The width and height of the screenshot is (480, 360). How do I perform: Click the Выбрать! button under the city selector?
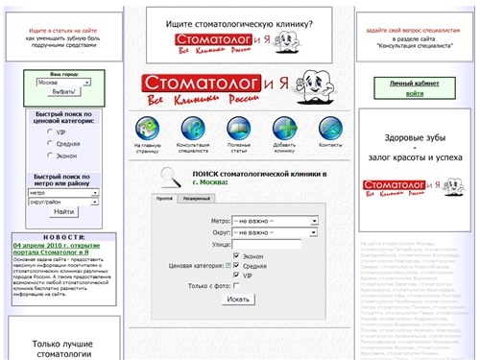click(64, 93)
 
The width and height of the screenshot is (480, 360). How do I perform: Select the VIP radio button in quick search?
click(50, 132)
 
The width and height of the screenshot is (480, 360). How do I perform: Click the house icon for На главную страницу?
click(148, 129)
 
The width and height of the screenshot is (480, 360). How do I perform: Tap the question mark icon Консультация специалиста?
click(193, 129)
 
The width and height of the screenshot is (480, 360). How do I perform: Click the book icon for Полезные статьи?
click(238, 129)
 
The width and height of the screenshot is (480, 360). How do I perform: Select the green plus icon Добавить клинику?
click(284, 129)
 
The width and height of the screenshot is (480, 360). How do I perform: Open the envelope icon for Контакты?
click(330, 129)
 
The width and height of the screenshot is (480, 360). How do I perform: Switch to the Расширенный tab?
click(197, 199)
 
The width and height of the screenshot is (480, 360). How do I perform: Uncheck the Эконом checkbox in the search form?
click(236, 256)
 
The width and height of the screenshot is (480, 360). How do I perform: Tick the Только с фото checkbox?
click(236, 286)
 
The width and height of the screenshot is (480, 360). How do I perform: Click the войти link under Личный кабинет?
click(414, 94)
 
